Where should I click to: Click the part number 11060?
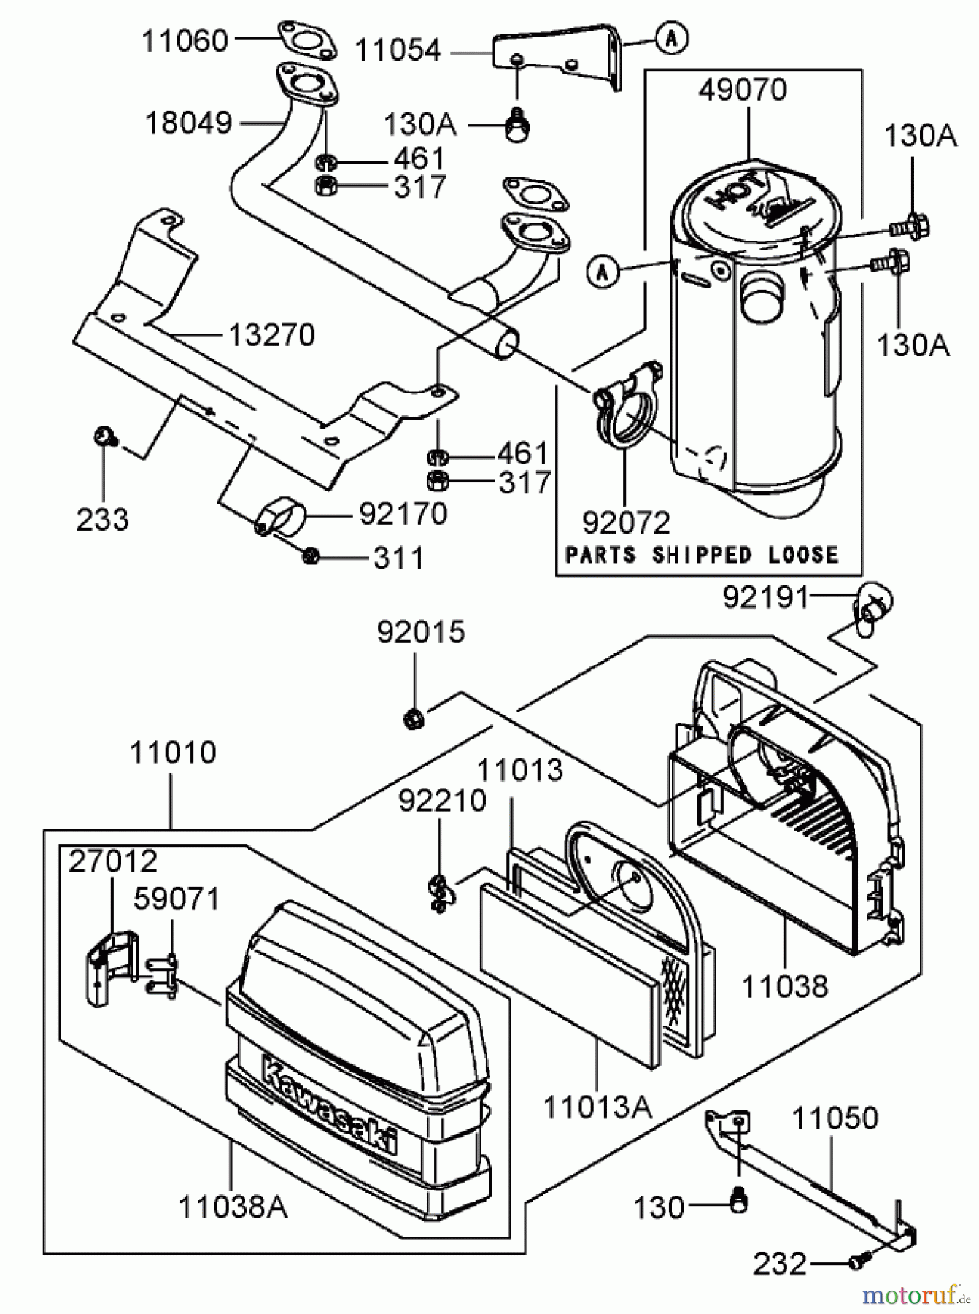click(x=185, y=41)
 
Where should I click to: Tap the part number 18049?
click(x=188, y=123)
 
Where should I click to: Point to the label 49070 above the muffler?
click(x=743, y=91)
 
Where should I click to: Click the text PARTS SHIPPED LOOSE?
click(x=703, y=555)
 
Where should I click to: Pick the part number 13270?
click(x=271, y=335)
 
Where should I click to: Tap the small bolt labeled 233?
click(x=104, y=437)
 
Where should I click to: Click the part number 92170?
click(x=403, y=514)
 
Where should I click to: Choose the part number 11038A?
click(x=233, y=1207)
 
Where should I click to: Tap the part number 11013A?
click(x=597, y=1107)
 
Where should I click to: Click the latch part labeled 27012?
click(x=104, y=967)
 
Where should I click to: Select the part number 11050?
click(x=835, y=1118)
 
